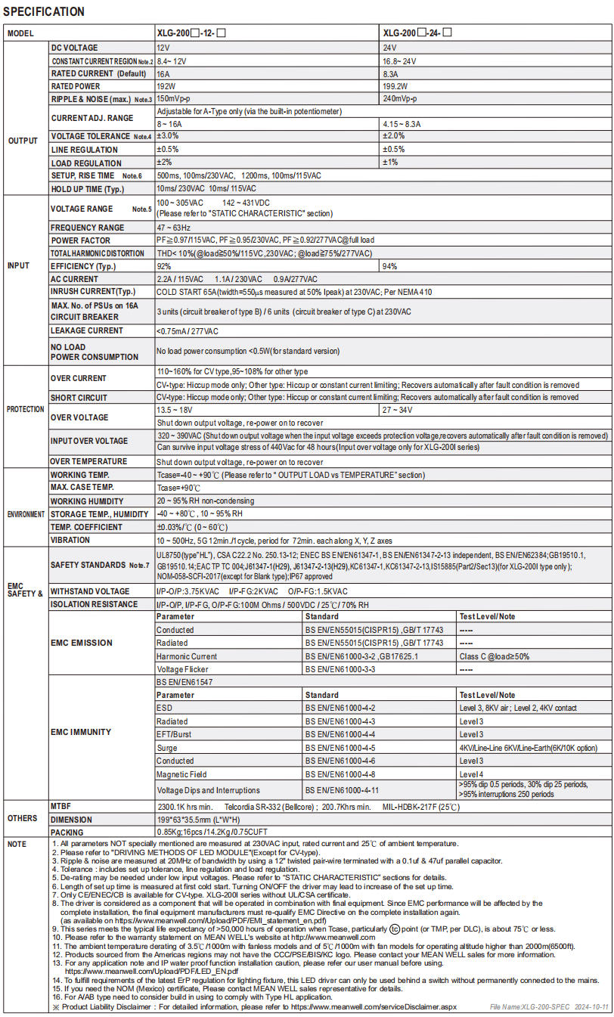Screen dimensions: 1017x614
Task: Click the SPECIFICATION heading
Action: [x=44, y=12]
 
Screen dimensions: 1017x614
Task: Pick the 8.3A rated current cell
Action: [x=391, y=73]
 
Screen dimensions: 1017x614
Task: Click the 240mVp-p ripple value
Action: [x=400, y=99]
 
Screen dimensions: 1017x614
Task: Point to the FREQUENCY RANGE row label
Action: [x=88, y=228]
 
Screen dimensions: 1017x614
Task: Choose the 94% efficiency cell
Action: [x=390, y=266]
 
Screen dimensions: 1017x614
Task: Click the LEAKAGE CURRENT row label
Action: [x=87, y=330]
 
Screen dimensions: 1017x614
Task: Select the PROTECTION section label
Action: [x=26, y=409]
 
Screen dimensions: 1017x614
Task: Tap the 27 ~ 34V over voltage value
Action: [x=399, y=410]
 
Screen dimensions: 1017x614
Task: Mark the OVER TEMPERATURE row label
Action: [x=89, y=461]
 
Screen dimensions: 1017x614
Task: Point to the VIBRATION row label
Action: [x=70, y=541]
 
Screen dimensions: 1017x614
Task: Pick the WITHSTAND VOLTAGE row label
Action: [x=90, y=591]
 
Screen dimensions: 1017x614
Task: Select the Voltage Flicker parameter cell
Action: [x=183, y=669]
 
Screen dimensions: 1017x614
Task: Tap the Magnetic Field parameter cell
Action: [x=182, y=774]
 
